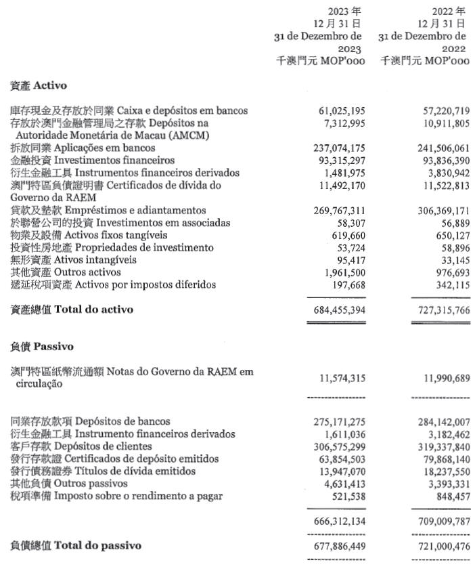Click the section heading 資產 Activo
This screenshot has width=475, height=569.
(38, 86)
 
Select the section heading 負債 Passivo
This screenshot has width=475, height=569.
(42, 345)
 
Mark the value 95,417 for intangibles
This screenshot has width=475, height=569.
(349, 260)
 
